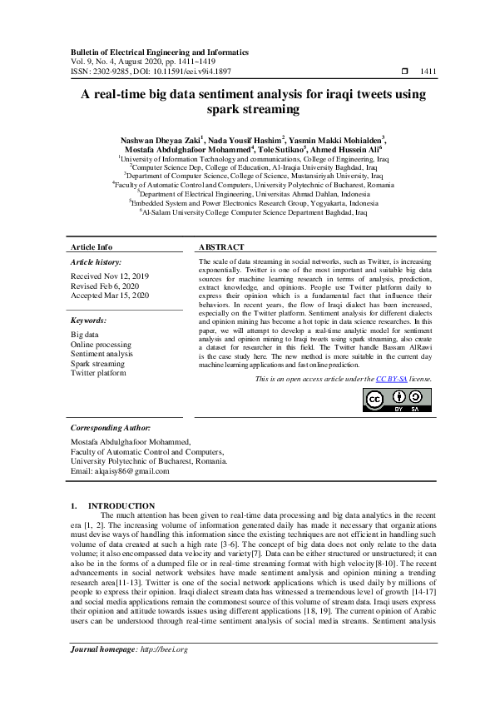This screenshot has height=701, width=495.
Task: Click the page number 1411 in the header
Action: (x=429, y=72)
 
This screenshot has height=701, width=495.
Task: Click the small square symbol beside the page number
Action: (x=404, y=72)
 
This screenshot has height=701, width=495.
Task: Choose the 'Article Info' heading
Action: (x=92, y=247)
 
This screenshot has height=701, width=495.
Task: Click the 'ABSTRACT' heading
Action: (x=222, y=247)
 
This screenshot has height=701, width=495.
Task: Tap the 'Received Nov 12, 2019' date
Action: (x=110, y=276)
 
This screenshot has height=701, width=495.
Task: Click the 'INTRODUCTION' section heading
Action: (x=121, y=505)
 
